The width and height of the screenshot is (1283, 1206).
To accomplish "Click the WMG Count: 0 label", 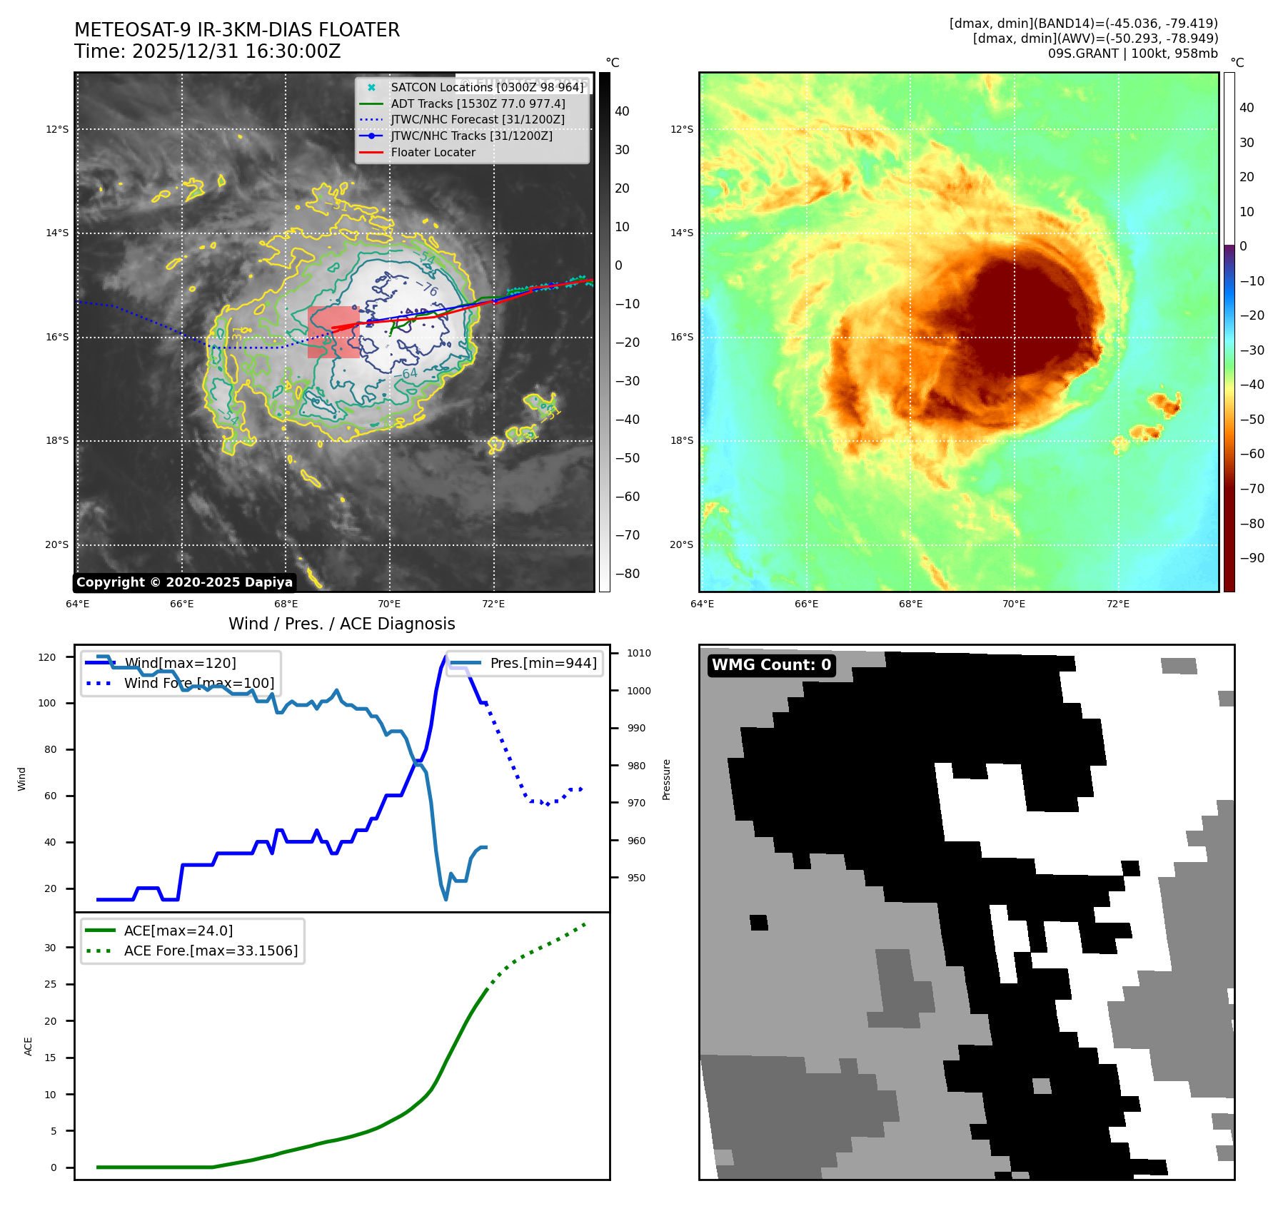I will coord(771,665).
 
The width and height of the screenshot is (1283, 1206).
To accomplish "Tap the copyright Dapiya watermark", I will coord(184,582).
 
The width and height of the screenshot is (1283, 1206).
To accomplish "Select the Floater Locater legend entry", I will coord(433,152).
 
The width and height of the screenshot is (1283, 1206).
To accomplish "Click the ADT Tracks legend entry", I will coord(478,103).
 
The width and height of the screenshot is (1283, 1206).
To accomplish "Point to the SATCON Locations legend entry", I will coord(487,87).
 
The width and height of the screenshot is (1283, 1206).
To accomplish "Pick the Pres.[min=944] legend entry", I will coord(543,663).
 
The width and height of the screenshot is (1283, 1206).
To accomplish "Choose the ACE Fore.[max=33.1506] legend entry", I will coord(211,951).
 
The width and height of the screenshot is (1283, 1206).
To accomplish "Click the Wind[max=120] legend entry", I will coord(180,663).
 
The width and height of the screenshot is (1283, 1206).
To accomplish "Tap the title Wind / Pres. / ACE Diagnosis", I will coord(341,624).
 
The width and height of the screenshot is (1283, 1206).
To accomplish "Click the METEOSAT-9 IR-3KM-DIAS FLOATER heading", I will coord(237,30).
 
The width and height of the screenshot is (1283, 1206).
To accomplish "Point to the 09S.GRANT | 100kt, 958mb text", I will coord(1132,54).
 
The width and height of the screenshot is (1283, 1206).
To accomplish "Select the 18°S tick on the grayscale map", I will coord(57,440).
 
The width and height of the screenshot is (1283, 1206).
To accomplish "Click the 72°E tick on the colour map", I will coord(1118,604).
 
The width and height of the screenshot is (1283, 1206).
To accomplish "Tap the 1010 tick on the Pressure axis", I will coord(639,653).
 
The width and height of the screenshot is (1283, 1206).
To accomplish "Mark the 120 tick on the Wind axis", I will coord(47,657).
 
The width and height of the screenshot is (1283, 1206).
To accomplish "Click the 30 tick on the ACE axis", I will coord(50,948).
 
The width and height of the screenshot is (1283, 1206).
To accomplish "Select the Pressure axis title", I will coord(666,779).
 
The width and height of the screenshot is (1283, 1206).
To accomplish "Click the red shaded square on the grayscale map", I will coord(333,333).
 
